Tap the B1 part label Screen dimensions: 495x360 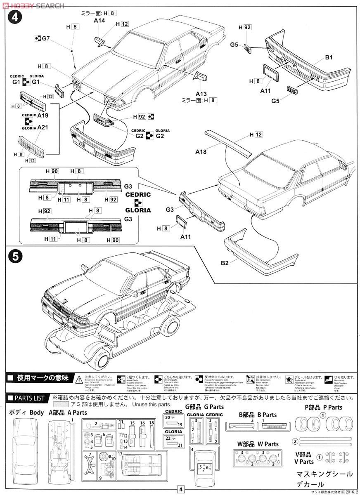(328, 57)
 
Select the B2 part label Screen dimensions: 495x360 (225, 263)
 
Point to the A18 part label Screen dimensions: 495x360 (201, 152)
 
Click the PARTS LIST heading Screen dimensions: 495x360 (26, 398)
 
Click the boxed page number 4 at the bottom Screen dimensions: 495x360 (180, 489)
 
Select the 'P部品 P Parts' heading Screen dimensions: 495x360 (324, 407)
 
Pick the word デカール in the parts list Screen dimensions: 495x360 (310, 484)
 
